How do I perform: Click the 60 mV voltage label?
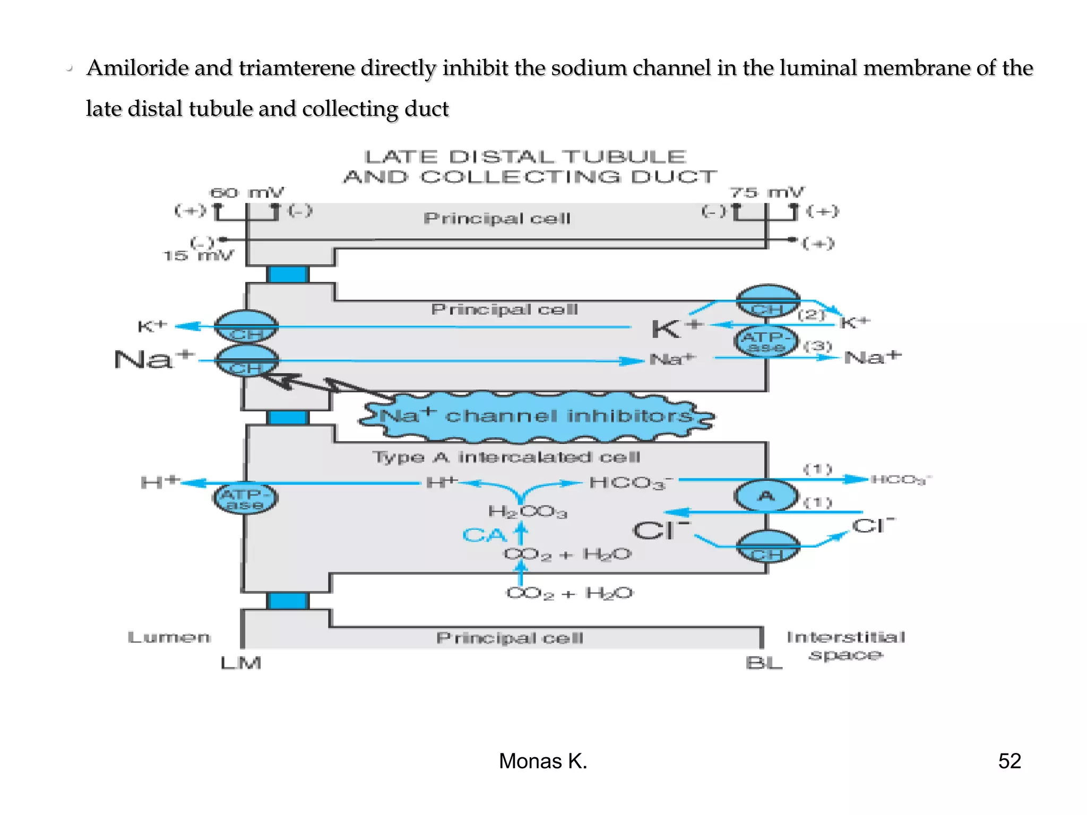pyautogui.click(x=247, y=193)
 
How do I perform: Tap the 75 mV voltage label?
pyautogui.click(x=766, y=193)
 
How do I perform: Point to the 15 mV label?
pyautogui.click(x=197, y=256)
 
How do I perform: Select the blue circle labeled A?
pyautogui.click(x=766, y=496)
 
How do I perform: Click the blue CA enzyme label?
pyautogui.click(x=484, y=535)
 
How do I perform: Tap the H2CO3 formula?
pyautogui.click(x=527, y=511)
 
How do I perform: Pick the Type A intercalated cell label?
pyautogui.click(x=506, y=457)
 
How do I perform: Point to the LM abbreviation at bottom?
pyautogui.click(x=241, y=663)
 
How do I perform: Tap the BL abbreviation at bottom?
pyautogui.click(x=763, y=663)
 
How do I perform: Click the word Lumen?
pyautogui.click(x=169, y=637)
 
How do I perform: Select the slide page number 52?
pyautogui.click(x=1009, y=761)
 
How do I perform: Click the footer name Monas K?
pyautogui.click(x=542, y=761)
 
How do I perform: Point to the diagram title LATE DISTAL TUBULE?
pyautogui.click(x=525, y=157)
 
